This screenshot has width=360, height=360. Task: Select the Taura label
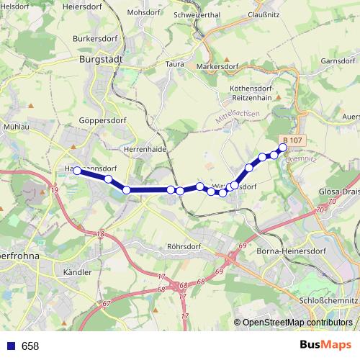175,63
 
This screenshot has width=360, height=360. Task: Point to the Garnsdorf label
339,61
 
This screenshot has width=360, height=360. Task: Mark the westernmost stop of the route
77,171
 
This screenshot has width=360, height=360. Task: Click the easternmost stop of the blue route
283,148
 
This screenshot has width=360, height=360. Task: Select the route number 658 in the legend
30,346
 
